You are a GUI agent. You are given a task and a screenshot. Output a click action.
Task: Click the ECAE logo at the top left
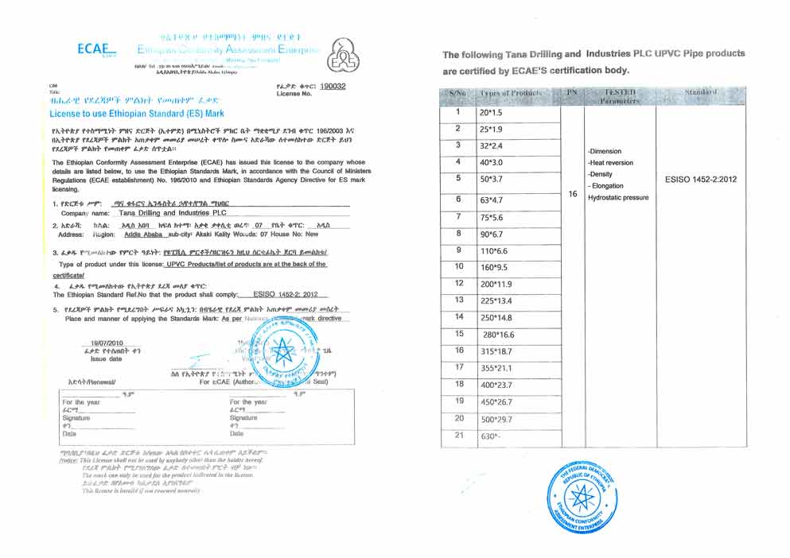click(96, 49)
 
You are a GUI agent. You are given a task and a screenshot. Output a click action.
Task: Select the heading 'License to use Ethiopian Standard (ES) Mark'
click(131, 114)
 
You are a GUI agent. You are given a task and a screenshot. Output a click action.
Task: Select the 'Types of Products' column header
click(509, 95)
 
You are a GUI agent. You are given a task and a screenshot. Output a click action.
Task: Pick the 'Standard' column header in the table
click(700, 94)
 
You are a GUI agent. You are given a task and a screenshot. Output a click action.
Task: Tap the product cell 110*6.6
click(493, 250)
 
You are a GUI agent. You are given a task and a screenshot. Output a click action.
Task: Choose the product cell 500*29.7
click(494, 418)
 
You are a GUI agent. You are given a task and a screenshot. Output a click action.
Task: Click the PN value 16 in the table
click(573, 193)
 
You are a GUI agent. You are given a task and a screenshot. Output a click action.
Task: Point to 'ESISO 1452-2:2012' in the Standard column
click(700, 179)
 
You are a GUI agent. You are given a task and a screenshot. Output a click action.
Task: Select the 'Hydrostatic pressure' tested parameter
click(618, 197)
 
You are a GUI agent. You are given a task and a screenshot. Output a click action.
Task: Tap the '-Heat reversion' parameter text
click(612, 162)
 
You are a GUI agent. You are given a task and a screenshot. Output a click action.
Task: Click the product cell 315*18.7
click(494, 351)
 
